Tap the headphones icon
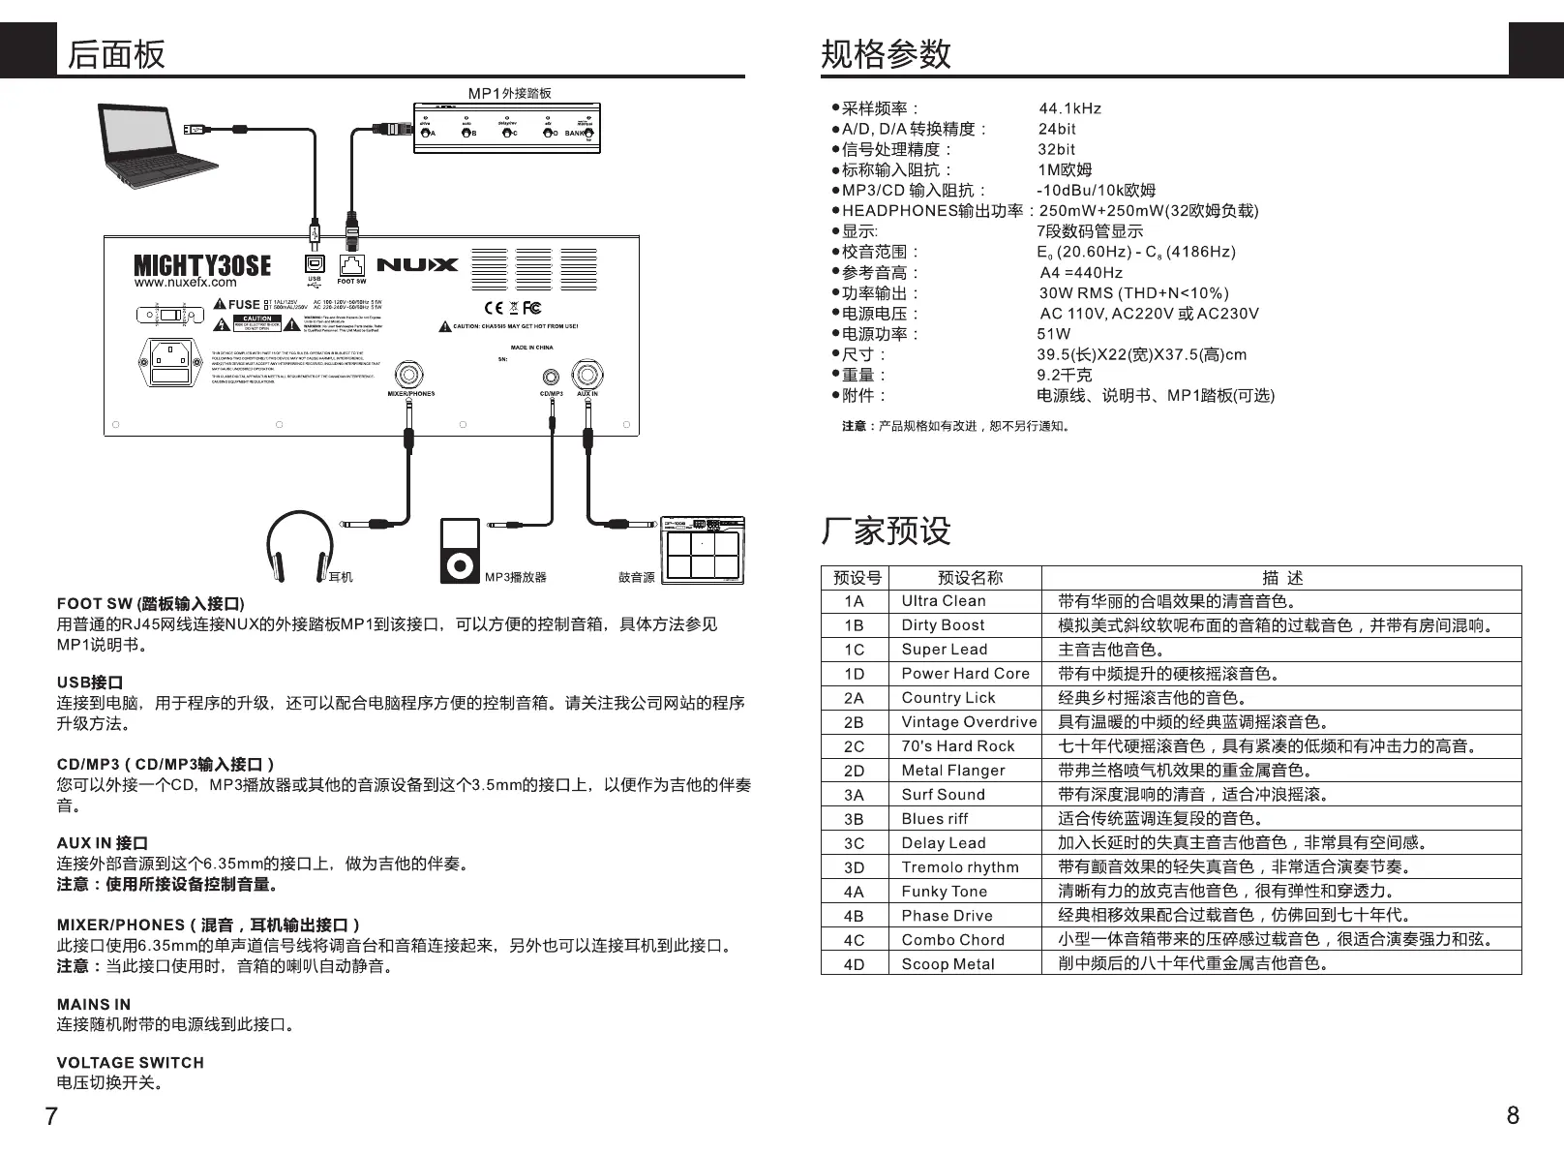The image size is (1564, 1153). [298, 548]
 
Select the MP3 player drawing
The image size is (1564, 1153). [460, 551]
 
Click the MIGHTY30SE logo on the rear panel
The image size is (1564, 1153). [202, 265]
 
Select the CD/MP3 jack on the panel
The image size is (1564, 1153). [552, 378]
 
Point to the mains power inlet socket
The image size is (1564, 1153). [170, 363]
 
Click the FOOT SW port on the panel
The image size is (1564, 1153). [351, 263]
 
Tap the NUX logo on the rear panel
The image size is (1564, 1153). [417, 264]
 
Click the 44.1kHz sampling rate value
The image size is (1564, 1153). [1069, 108]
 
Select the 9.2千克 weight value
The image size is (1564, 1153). [1065, 375]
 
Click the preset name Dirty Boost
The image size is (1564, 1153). [943, 625]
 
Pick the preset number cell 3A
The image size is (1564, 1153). [854, 795]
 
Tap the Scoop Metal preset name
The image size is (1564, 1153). [947, 964]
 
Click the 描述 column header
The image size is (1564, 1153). [1282, 578]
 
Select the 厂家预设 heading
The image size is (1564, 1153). [886, 531]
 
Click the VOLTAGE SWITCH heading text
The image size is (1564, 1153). [131, 1062]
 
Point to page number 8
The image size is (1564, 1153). [1513, 1115]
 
